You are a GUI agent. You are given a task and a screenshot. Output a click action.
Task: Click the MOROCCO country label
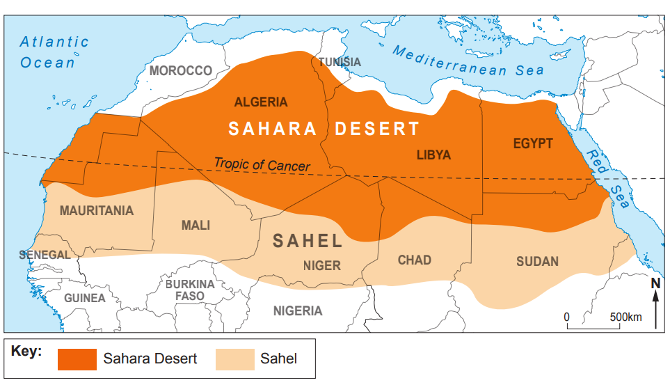coord(180,70)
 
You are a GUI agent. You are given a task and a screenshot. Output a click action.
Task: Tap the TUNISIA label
coord(340,62)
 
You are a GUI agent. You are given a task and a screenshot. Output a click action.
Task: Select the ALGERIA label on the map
coord(260,102)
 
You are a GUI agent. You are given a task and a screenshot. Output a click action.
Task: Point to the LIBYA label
coord(433,155)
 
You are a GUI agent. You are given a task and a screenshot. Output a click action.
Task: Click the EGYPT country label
coord(533,143)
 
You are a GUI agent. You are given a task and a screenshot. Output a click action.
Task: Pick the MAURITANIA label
coord(96,210)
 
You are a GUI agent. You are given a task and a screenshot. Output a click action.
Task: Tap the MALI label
coord(196,225)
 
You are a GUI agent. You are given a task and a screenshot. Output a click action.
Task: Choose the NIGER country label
coord(321,265)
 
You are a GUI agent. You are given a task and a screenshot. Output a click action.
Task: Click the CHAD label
coord(414,260)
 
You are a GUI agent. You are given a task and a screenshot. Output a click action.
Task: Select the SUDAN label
coord(537,261)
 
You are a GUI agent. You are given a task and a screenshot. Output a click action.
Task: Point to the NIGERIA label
coord(297,311)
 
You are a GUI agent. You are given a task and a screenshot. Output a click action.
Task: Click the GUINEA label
coord(85,298)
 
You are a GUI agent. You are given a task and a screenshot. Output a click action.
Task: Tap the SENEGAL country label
coord(45,255)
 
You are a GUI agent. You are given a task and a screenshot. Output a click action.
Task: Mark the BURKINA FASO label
coord(190,290)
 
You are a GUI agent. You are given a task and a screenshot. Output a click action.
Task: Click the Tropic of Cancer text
coord(262,165)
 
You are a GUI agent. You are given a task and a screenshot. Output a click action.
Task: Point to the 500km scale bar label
coord(625,317)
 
